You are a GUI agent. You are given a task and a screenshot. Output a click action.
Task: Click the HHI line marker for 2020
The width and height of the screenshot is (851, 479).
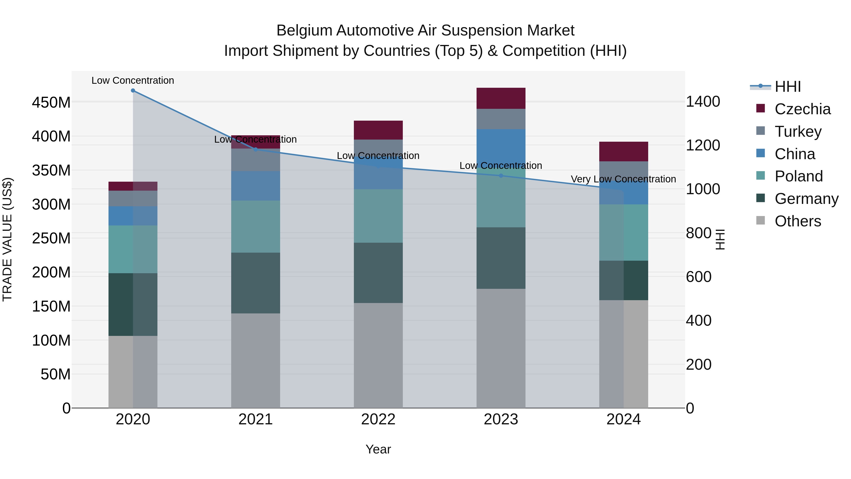(x=133, y=91)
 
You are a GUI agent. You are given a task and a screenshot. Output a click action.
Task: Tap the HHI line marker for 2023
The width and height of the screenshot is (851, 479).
(x=501, y=176)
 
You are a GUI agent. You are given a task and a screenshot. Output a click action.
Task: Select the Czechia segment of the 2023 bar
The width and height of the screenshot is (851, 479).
(x=501, y=98)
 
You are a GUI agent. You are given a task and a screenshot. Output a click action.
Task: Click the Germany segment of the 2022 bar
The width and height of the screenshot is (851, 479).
(x=378, y=273)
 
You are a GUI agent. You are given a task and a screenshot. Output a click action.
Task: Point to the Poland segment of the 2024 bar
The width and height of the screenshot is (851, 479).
(x=624, y=232)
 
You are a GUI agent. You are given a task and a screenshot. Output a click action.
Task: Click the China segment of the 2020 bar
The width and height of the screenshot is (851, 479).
(x=133, y=216)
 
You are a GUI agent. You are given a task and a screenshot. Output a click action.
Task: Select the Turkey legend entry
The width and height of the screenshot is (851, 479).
(x=798, y=132)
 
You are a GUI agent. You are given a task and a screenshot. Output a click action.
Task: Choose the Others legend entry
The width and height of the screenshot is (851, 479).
(x=798, y=221)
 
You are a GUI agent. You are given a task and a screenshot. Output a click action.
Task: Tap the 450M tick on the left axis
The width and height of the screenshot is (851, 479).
(x=51, y=102)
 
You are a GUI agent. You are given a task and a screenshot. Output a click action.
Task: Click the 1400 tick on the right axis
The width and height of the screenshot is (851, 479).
(x=703, y=101)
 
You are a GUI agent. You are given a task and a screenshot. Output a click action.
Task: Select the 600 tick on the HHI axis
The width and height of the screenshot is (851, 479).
(x=699, y=277)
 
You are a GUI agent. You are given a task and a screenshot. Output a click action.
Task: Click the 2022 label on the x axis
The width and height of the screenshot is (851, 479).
(x=378, y=419)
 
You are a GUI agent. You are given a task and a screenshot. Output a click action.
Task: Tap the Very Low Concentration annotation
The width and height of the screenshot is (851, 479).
(x=623, y=179)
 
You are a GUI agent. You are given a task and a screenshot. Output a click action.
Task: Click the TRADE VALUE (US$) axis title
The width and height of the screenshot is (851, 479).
(x=7, y=239)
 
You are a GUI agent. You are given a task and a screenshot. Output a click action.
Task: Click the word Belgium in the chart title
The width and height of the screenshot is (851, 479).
(x=304, y=31)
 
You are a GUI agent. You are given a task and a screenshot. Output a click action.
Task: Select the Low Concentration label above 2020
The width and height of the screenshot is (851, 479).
(x=133, y=81)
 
